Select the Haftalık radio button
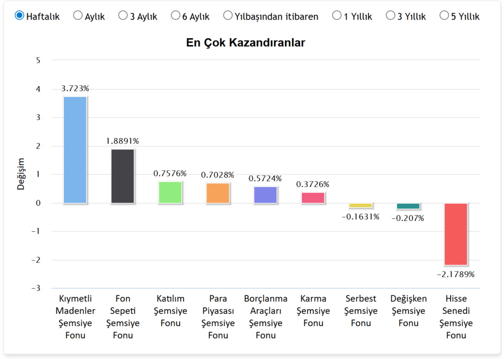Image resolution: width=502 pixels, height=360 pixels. click(x=20, y=16)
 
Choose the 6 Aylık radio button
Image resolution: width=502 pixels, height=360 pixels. click(x=176, y=16)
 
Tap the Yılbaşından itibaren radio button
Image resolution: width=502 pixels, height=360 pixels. click(x=228, y=16)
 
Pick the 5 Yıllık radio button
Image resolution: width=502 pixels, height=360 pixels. click(x=445, y=16)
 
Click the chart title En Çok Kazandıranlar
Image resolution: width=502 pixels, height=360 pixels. click(x=246, y=43)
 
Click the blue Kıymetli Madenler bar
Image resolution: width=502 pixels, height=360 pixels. click(x=75, y=149)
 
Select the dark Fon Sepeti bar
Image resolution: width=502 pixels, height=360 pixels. click(x=123, y=176)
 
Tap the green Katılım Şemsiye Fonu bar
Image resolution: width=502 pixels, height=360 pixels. click(x=170, y=192)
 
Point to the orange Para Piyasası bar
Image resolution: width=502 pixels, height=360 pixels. click(x=218, y=193)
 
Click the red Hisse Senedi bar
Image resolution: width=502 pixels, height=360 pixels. click(x=455, y=234)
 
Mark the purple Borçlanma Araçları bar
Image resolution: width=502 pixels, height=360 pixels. click(x=265, y=194)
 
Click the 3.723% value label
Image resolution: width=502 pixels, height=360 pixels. click(x=75, y=89)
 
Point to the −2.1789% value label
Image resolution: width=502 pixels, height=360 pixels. click(x=455, y=274)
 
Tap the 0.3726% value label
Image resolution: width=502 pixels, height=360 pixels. click(x=313, y=184)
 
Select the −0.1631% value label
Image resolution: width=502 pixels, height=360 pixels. click(x=360, y=216)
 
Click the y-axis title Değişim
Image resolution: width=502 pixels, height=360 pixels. click(x=21, y=174)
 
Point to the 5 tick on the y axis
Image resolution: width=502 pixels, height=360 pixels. click(x=38, y=60)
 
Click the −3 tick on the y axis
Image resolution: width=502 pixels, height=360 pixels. click(x=35, y=288)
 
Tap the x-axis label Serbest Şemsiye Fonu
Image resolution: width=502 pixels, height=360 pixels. click(x=361, y=311)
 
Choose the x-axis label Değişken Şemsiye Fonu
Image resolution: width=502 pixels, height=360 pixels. click(x=408, y=311)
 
